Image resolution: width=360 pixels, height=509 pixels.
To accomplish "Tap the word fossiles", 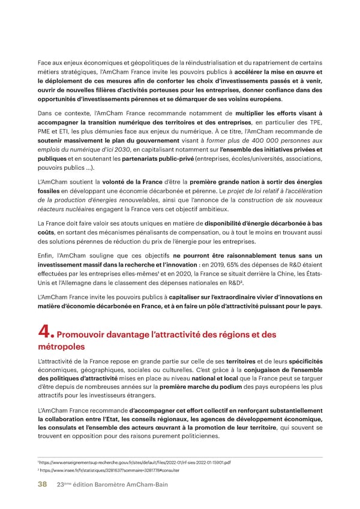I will [49, 190].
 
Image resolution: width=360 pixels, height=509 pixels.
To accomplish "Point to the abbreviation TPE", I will [314, 123].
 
